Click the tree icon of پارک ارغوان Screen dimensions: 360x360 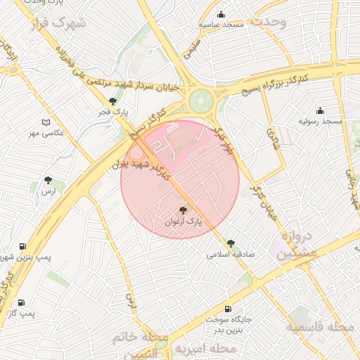(x=184, y=210)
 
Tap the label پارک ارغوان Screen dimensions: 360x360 (x=183, y=221)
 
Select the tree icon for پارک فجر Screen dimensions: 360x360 (x=112, y=101)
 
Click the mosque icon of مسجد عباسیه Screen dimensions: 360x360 (x=221, y=14)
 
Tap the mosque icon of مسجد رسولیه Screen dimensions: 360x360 (x=321, y=110)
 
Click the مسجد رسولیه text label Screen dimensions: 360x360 (x=321, y=122)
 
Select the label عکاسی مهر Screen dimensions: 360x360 (x=46, y=132)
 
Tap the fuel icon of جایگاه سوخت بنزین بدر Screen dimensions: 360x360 (x=227, y=309)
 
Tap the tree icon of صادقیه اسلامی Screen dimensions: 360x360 (x=231, y=243)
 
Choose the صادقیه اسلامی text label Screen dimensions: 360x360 (x=231, y=255)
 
